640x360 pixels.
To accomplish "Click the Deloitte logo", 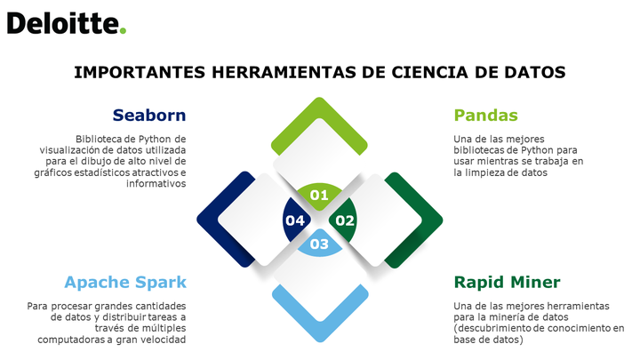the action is (x=67, y=24).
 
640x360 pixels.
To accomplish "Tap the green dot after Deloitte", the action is (x=123, y=30).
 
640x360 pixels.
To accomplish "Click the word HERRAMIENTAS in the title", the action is (x=284, y=72).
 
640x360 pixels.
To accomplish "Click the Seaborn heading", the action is (x=149, y=115).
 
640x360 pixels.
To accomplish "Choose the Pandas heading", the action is (x=485, y=115).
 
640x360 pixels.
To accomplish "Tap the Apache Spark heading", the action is (x=125, y=282).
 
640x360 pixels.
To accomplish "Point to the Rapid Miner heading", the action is (x=507, y=282).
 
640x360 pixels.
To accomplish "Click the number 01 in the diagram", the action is (x=319, y=195).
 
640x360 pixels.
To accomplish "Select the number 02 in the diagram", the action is (x=345, y=220).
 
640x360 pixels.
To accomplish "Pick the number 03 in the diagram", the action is (x=319, y=244).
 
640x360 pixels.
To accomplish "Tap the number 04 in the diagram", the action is (x=295, y=220).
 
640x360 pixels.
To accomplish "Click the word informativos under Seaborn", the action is (x=156, y=184).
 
